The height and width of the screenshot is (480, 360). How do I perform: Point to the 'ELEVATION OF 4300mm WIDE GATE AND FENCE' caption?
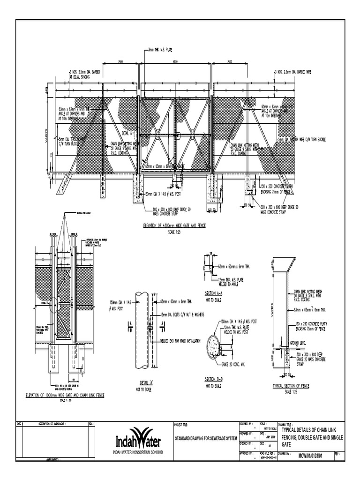coord(174,225)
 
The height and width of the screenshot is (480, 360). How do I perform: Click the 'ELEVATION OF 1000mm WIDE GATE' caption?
coord(64,395)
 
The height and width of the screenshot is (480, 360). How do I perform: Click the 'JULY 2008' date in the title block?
coord(270,437)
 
